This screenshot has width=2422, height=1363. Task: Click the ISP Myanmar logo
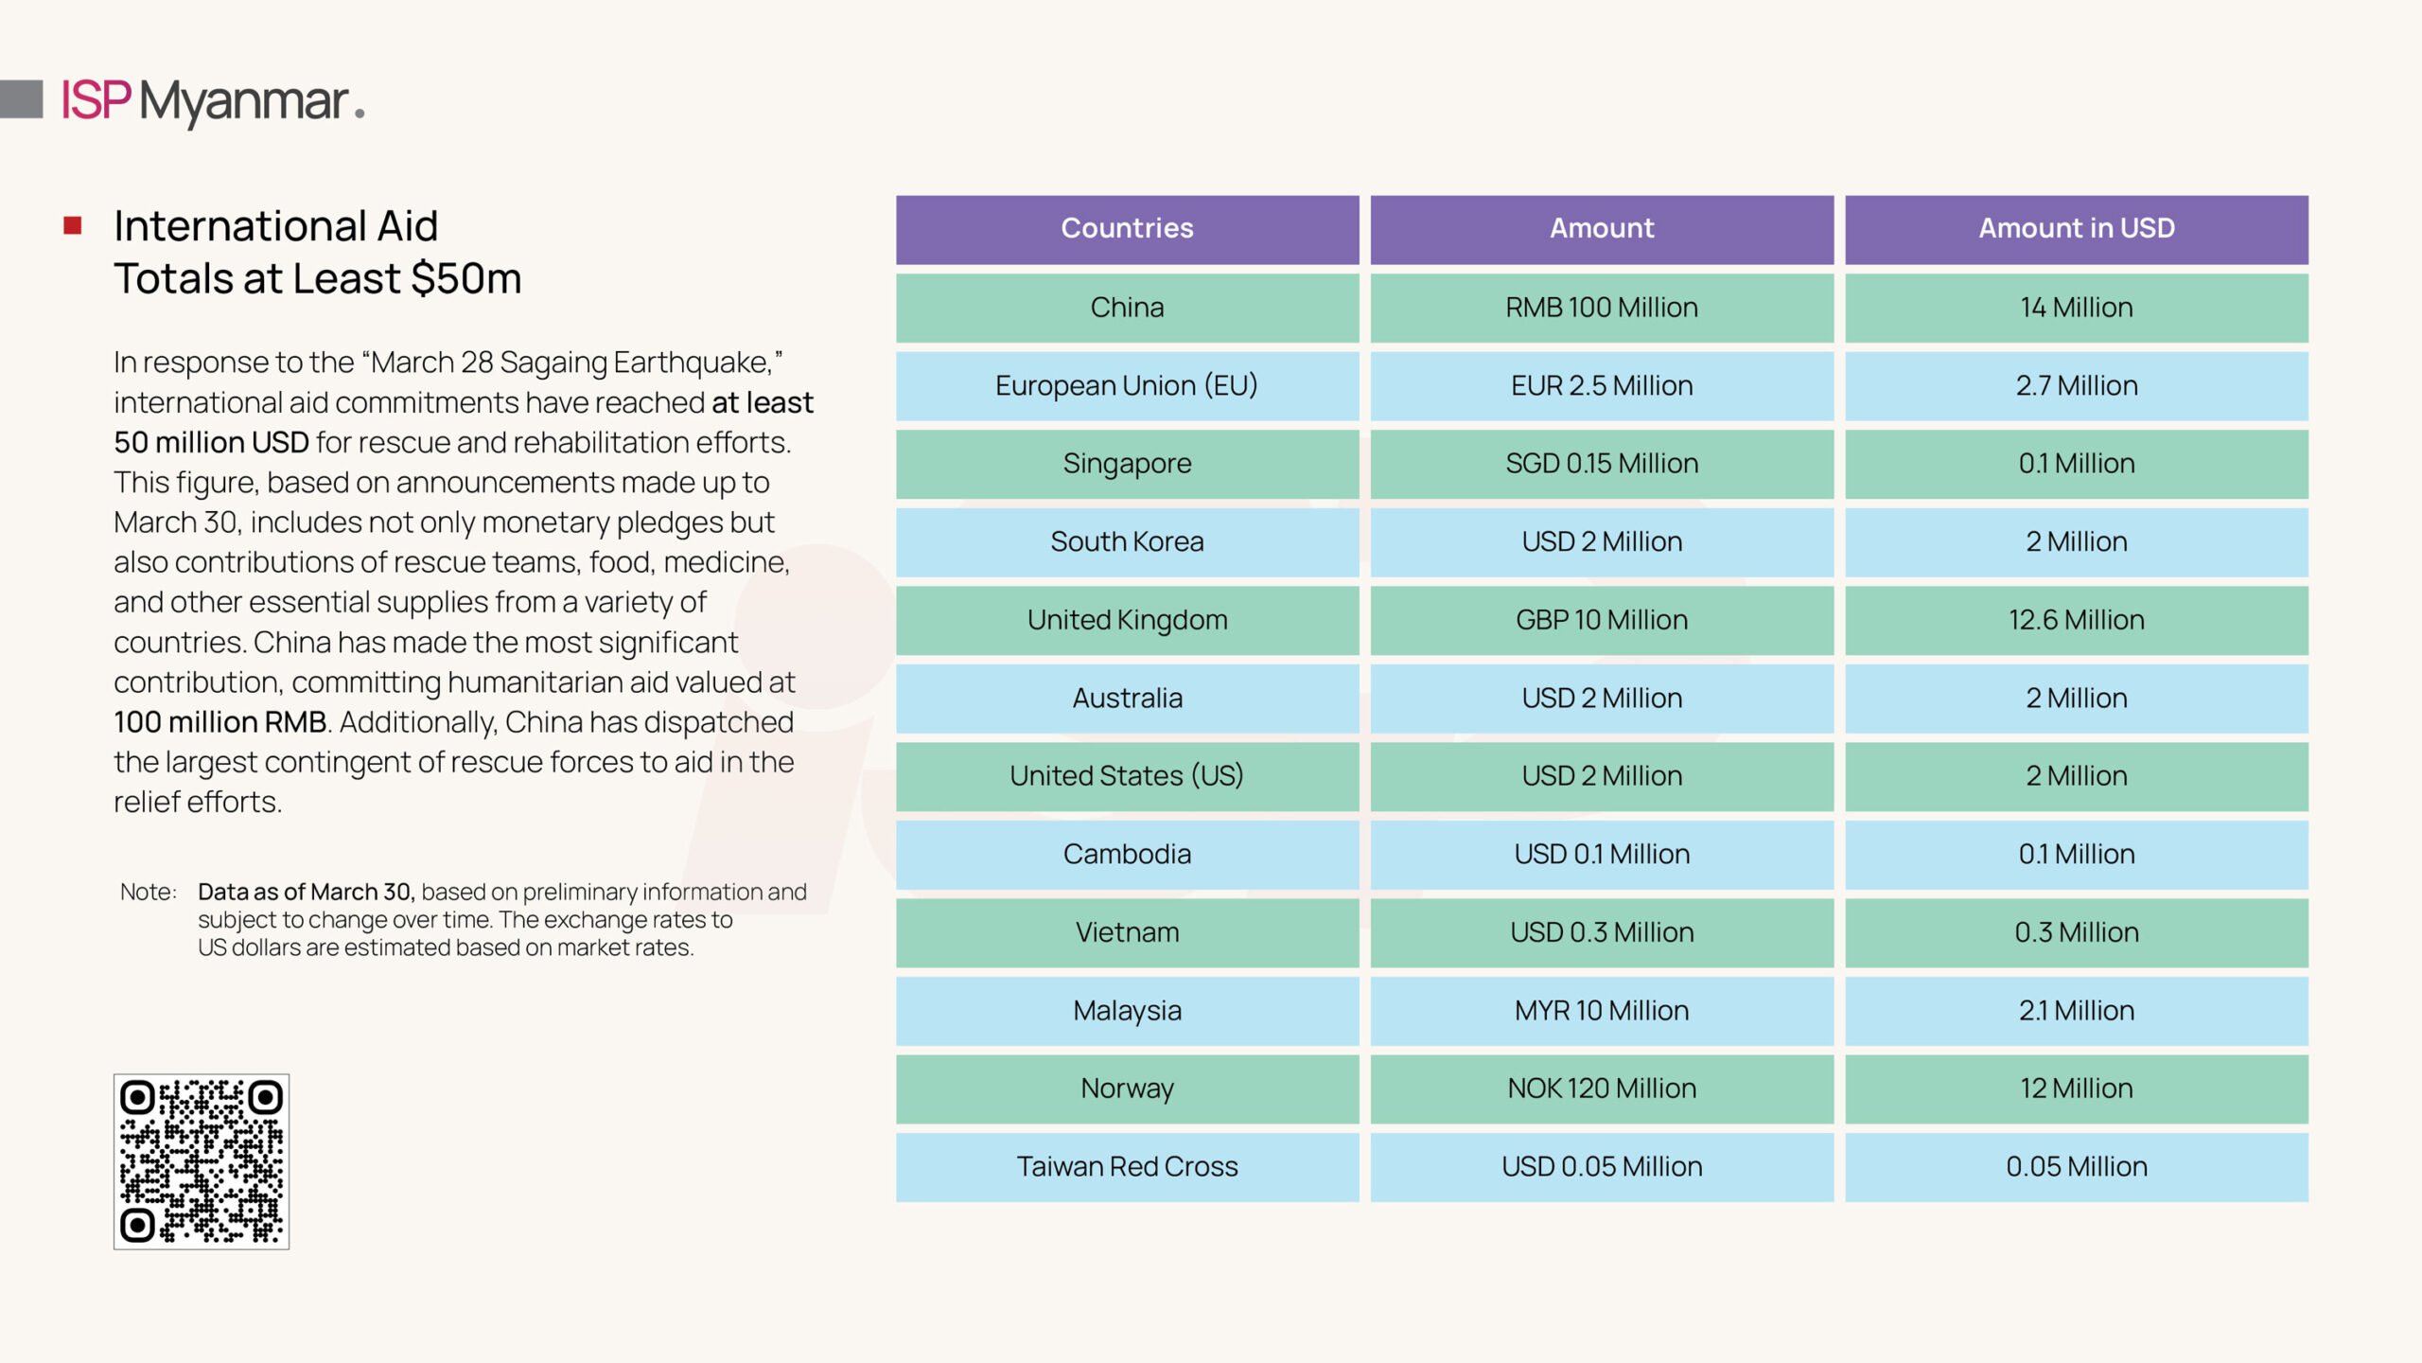[x=213, y=101]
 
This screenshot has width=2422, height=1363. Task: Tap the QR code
[x=202, y=1161]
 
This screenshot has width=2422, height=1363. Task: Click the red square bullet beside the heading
[x=73, y=225]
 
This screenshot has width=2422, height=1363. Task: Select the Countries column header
[x=1127, y=229]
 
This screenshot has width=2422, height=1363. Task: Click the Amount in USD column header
[x=2076, y=229]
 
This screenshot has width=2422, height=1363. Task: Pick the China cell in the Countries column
[x=1127, y=308]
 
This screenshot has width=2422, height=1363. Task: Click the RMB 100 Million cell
[x=1602, y=308]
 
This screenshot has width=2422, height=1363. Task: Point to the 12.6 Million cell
[x=2076, y=620]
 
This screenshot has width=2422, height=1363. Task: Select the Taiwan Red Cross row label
[x=1127, y=1167]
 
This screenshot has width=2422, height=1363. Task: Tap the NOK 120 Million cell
[x=1602, y=1089]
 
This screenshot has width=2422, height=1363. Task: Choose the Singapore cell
[x=1127, y=464]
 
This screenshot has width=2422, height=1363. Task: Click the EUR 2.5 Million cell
[x=1602, y=386]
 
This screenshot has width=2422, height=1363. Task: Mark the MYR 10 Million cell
[x=1602, y=1011]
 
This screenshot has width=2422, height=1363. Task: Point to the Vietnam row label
[x=1127, y=932]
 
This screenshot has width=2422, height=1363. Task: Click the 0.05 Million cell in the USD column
[x=2076, y=1167]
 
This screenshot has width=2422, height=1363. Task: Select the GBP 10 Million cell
[x=1602, y=620]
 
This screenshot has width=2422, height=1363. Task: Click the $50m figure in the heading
[x=466, y=278]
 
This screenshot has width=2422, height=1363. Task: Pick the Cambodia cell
[x=1127, y=855]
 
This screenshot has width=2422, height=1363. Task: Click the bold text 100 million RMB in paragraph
[x=220, y=722]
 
